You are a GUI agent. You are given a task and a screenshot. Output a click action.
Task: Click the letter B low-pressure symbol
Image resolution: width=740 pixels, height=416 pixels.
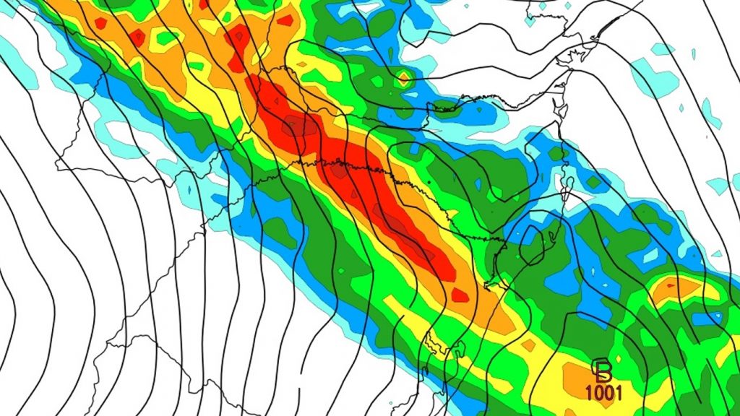point(602,370)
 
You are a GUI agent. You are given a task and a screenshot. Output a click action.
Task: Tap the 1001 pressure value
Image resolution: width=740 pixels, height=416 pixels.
point(602,392)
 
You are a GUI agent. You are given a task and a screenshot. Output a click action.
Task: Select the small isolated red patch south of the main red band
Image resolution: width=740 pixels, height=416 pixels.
point(460,294)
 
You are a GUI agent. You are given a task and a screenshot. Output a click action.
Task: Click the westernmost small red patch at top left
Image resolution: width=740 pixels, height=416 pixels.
point(100,23)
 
